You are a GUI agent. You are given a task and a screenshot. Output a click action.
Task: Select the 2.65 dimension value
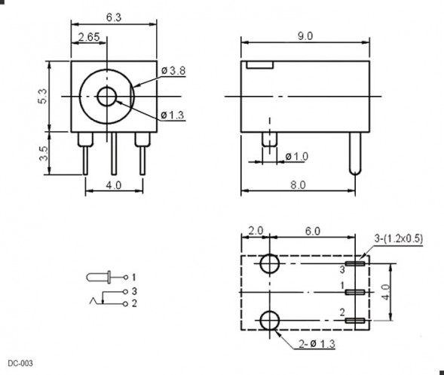pyautogui.click(x=89, y=37)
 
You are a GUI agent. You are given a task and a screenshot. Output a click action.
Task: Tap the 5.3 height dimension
pyautogui.click(x=43, y=96)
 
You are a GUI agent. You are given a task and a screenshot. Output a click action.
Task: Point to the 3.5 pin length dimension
pyautogui.click(x=43, y=154)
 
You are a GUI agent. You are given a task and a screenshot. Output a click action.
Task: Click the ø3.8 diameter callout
pyautogui.click(x=173, y=71)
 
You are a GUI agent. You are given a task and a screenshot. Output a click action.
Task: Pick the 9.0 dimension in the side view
pyautogui.click(x=305, y=35)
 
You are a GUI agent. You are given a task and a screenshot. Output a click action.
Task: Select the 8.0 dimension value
pyautogui.click(x=305, y=183)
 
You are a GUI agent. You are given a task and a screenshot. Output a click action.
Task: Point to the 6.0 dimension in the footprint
pyautogui.click(x=312, y=230)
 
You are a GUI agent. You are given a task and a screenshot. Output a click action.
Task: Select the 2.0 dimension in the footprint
pyautogui.click(x=255, y=230)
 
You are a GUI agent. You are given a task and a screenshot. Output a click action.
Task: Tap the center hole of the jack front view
pyautogui.click(x=107, y=96)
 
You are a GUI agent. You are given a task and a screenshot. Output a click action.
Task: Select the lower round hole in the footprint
pyautogui.click(x=269, y=321)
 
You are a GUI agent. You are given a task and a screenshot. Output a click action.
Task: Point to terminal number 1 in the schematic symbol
pyautogui.click(x=134, y=277)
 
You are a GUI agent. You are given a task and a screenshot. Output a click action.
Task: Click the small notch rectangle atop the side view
pyautogui.click(x=259, y=66)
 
